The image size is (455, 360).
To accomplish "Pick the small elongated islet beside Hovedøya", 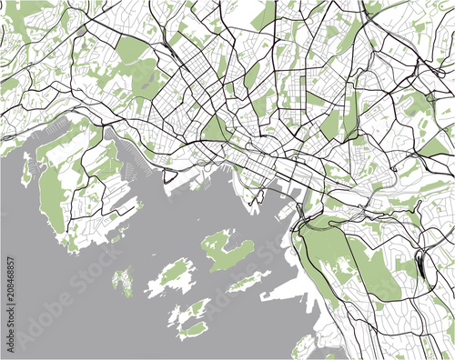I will (x=246, y=281).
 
